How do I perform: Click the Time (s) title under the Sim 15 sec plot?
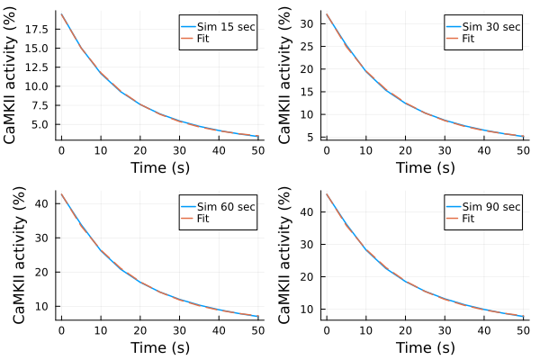pos(160,166)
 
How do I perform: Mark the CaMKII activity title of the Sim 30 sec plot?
pos(284,76)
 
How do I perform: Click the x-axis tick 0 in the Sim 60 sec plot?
pos(61,328)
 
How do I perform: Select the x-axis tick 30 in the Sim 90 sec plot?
pos(444,328)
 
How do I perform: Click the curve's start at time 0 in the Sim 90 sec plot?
pos(326,193)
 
